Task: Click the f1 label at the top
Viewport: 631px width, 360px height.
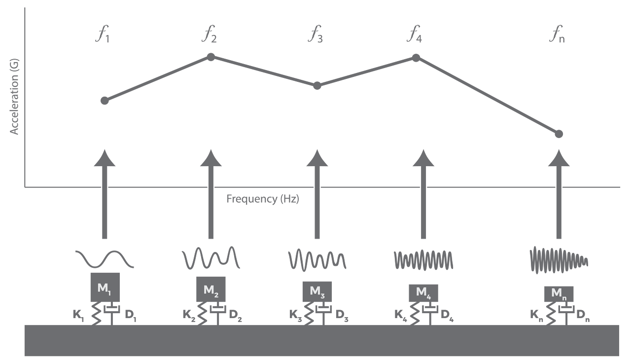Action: coord(103,36)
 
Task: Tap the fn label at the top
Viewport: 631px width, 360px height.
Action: coord(557,36)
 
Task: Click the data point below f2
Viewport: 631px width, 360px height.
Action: coord(211,57)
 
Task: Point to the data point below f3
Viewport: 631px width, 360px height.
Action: coord(317,86)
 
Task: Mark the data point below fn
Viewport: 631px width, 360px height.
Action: coord(559,134)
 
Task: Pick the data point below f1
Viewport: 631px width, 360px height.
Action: coord(105,101)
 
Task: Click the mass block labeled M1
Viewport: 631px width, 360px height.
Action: coord(104,287)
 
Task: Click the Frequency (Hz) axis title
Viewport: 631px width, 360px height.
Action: coord(263,199)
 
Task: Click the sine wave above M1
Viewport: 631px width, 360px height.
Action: coord(104,258)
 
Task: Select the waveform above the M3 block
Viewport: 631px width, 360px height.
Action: coord(317,259)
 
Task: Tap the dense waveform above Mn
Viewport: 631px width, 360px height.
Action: coord(559,259)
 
